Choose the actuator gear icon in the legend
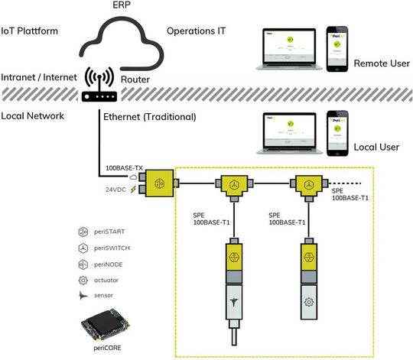(x=84, y=280)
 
